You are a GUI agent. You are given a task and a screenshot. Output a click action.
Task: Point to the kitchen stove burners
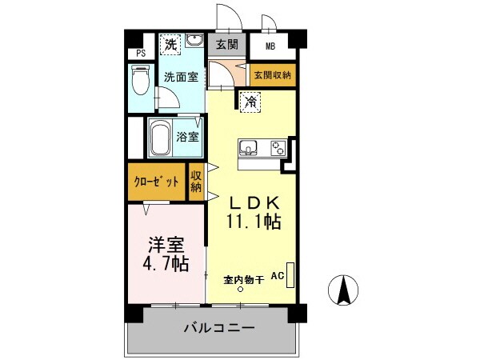pos(278,148)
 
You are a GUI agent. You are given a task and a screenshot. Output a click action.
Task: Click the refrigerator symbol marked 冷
pos(250,101)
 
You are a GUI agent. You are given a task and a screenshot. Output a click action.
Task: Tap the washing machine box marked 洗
pos(170,44)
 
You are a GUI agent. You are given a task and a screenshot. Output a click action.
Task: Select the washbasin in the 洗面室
pos(194,42)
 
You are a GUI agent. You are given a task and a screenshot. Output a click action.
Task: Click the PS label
pos(142,54)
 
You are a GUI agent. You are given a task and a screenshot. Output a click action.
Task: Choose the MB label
pos(270,46)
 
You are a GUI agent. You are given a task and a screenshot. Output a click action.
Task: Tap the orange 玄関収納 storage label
pos(272,75)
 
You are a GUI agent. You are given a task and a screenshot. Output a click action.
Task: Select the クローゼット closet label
pos(156,182)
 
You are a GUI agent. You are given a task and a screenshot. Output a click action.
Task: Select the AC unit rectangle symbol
pos(290,275)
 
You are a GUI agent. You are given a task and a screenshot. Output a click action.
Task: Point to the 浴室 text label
pos(189,136)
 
